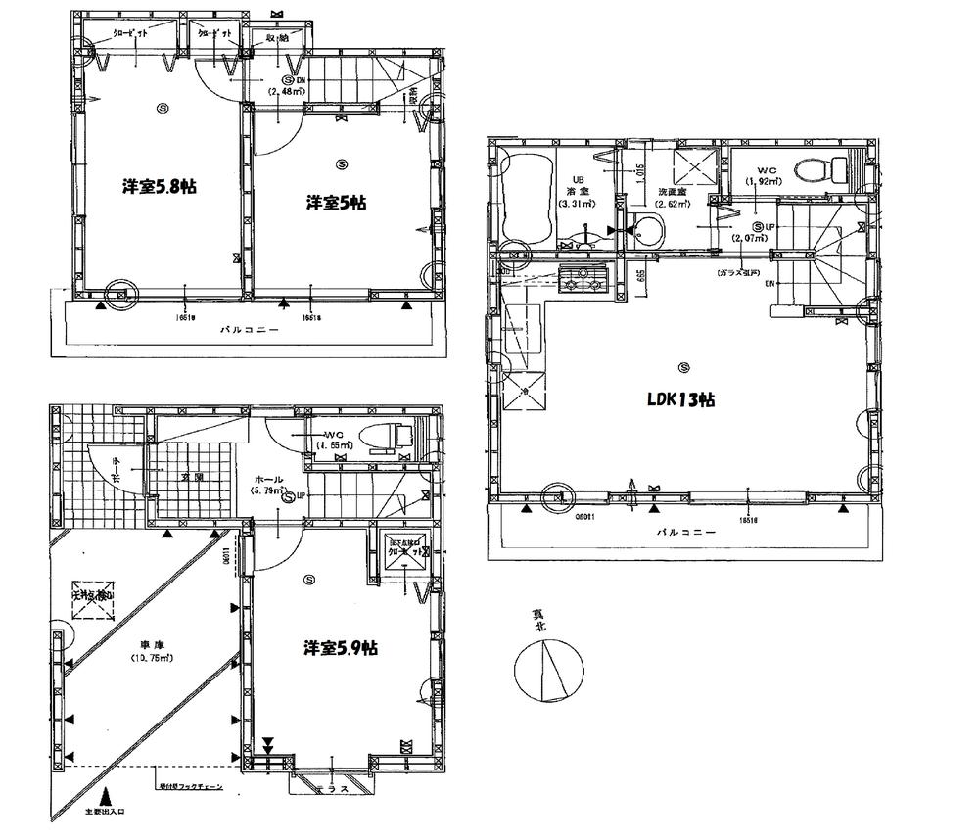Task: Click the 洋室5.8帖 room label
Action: [158, 186]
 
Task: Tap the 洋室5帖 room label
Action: [336, 203]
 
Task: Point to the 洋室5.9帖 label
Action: [341, 648]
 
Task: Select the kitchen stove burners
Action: [583, 283]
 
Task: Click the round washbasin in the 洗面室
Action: [646, 231]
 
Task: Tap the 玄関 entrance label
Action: [192, 478]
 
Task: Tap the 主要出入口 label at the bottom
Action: [105, 812]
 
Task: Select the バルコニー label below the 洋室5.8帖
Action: [250, 330]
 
